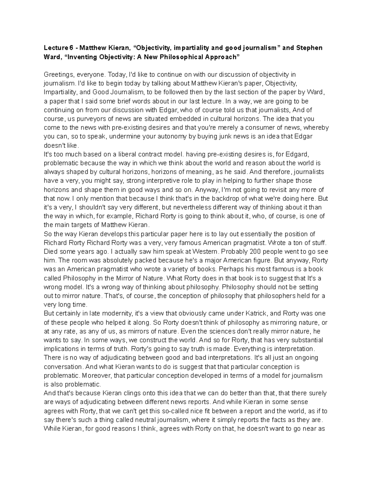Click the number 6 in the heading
[x=74, y=48]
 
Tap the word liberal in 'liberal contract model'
[x=127, y=154]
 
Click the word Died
[x=51, y=251]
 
